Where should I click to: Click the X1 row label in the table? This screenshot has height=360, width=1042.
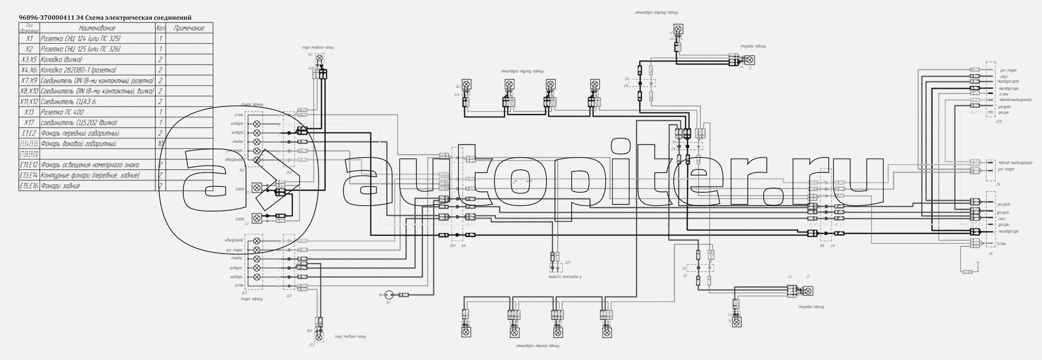pos(29,39)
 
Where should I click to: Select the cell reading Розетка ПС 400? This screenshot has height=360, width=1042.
pos(62,112)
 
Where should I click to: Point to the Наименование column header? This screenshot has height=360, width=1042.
pos(97,28)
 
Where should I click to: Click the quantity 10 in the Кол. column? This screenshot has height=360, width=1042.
pos(161,143)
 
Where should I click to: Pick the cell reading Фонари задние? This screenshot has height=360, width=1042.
pos(60,185)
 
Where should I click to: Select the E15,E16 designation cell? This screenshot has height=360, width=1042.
pos(29,185)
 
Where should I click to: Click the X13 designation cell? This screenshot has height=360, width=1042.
pos(29,112)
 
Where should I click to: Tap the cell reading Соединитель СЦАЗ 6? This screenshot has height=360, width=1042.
pos(69,102)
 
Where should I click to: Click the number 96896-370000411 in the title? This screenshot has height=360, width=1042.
pos(50,18)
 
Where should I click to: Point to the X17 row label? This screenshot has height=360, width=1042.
pos(29,122)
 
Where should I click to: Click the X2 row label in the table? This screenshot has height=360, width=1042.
pos(29,49)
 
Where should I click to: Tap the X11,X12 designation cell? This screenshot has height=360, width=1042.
pos(29,102)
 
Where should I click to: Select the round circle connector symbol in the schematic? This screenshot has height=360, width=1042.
pos(388,295)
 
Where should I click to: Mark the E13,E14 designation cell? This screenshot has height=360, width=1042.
pos(29,175)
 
